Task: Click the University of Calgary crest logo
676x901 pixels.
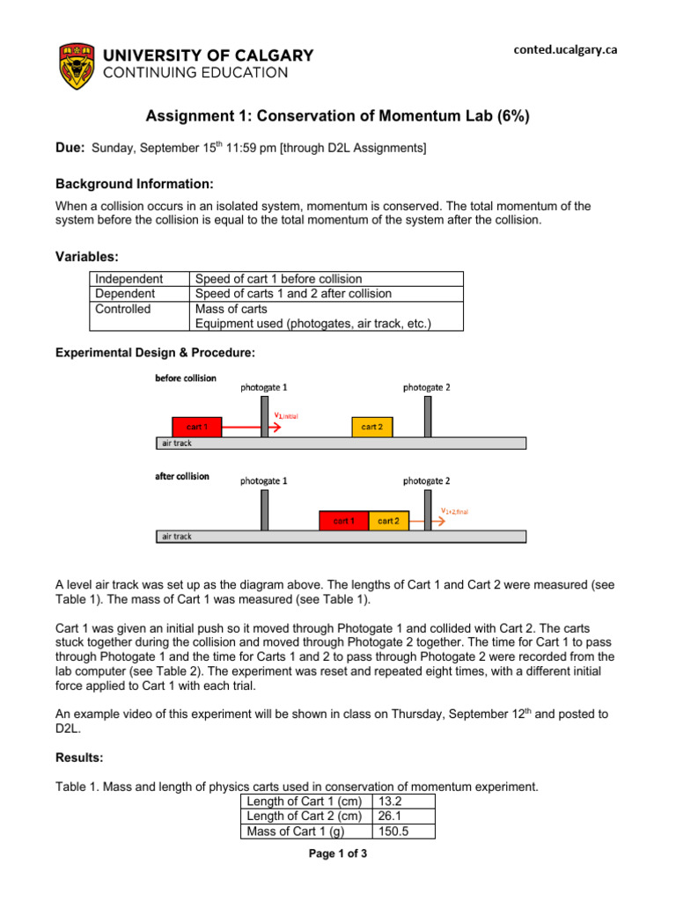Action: click(x=74, y=65)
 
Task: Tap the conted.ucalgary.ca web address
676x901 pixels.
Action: click(x=565, y=50)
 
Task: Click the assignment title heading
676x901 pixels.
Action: click(x=337, y=116)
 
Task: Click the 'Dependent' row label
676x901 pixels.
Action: click(x=124, y=294)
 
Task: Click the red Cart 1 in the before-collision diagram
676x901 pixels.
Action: click(x=197, y=427)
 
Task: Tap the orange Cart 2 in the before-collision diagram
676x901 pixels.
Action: click(x=372, y=427)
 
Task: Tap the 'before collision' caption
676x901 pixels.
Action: click(x=185, y=378)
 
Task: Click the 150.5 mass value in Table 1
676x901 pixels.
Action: click(x=392, y=831)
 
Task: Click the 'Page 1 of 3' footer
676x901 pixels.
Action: click(x=337, y=853)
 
